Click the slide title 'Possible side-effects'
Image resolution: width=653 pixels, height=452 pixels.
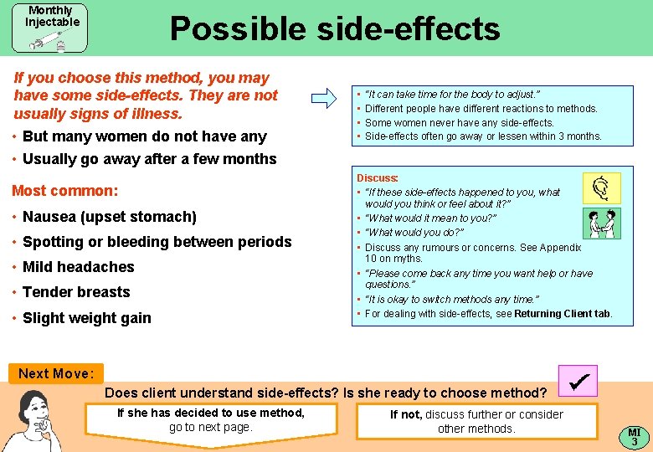click(335, 29)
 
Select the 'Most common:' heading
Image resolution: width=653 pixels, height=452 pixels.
click(65, 191)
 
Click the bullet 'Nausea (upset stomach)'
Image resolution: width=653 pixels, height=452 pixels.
click(109, 217)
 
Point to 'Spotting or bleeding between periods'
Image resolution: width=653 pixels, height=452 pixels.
click(157, 242)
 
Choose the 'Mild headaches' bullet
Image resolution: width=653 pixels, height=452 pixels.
click(78, 267)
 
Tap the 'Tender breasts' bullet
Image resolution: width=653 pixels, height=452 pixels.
click(76, 292)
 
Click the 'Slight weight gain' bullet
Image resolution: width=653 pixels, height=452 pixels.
click(86, 318)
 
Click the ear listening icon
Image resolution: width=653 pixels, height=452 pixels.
click(601, 188)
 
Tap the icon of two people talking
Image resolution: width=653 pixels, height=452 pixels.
click(601, 223)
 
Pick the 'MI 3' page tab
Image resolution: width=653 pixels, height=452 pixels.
click(634, 436)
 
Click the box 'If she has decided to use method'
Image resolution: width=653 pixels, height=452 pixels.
click(210, 420)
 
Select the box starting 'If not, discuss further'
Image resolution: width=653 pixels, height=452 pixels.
click(476, 421)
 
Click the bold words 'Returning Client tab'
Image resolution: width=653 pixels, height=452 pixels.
click(563, 314)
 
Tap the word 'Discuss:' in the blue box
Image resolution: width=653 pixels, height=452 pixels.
click(378, 178)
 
